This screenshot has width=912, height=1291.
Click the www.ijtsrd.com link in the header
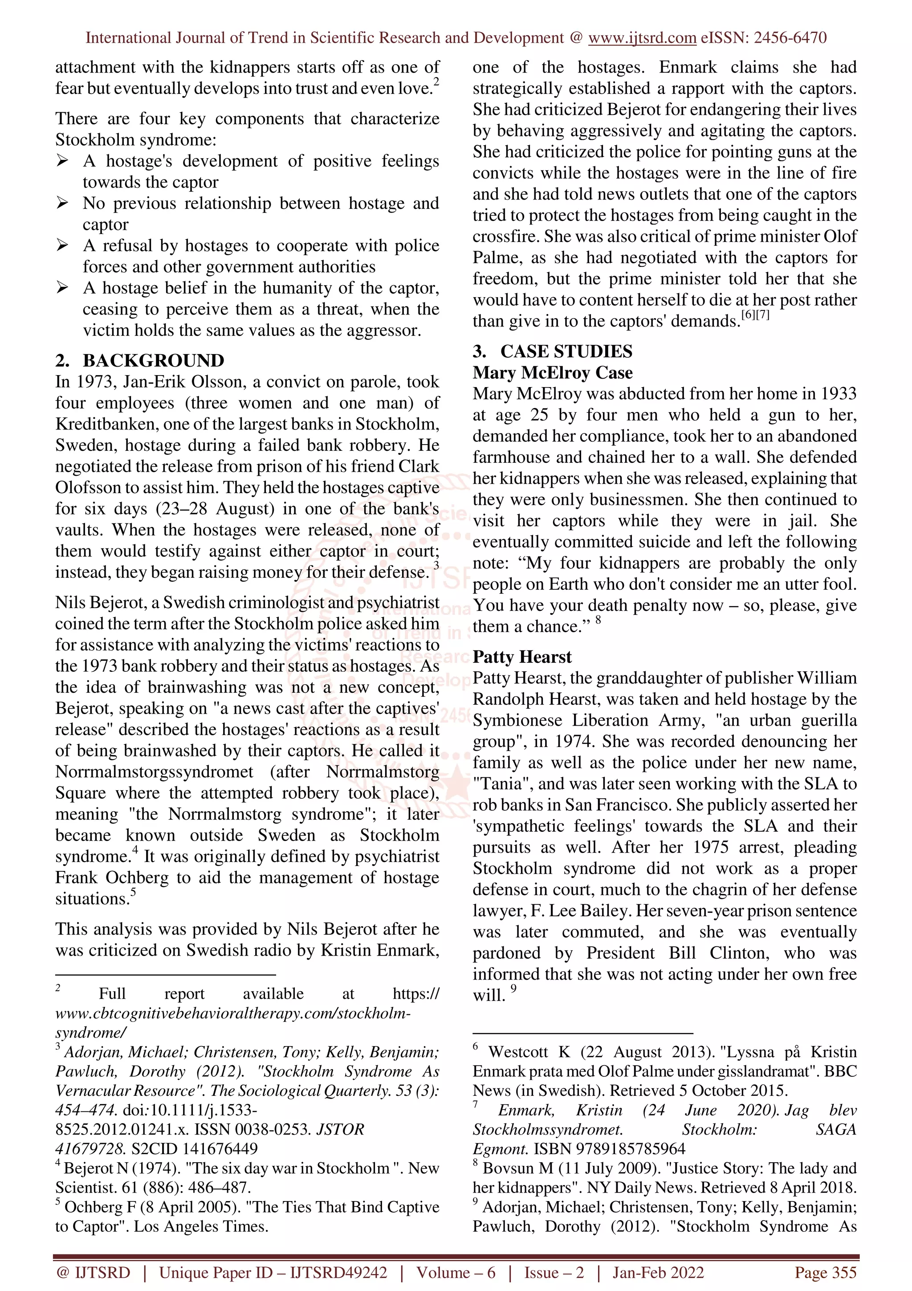[x=642, y=38]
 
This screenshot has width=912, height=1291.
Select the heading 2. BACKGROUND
[x=139, y=360]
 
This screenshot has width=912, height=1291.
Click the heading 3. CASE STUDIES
[x=552, y=351]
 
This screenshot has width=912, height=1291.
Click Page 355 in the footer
[x=825, y=1272]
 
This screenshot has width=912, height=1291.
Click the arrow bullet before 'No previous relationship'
[x=62, y=203]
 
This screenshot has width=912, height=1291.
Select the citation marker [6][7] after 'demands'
[x=755, y=315]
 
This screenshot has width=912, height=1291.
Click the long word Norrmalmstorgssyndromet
[x=154, y=772]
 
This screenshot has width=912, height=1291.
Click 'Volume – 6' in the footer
[x=455, y=1272]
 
